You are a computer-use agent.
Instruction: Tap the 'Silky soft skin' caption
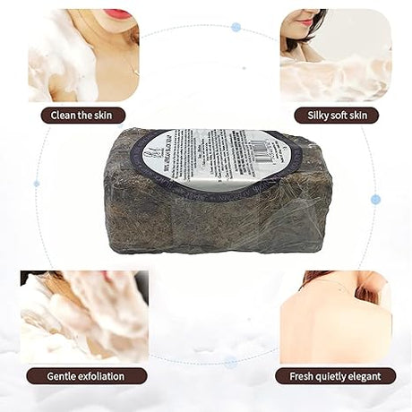pos(336,116)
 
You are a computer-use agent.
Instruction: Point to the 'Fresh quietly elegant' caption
pos(335,376)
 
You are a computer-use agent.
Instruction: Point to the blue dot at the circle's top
pos(236,27)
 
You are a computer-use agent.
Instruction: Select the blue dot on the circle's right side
pos(375,199)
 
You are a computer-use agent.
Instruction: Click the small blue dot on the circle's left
pos(37,183)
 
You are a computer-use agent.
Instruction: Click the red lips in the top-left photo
pos(118,14)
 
